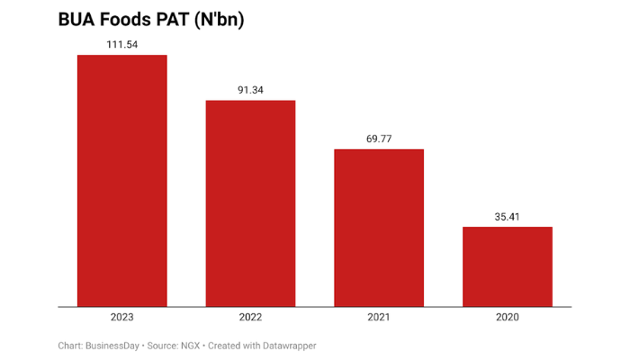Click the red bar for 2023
coord(121,180)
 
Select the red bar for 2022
coord(250,202)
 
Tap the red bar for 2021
coord(379,227)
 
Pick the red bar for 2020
coord(508,265)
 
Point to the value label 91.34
coord(250,89)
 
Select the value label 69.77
coord(379,138)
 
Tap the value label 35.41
coord(508,216)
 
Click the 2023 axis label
coord(121,317)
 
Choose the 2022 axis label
coord(250,317)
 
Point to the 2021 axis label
coord(379,317)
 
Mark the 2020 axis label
coord(508,317)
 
